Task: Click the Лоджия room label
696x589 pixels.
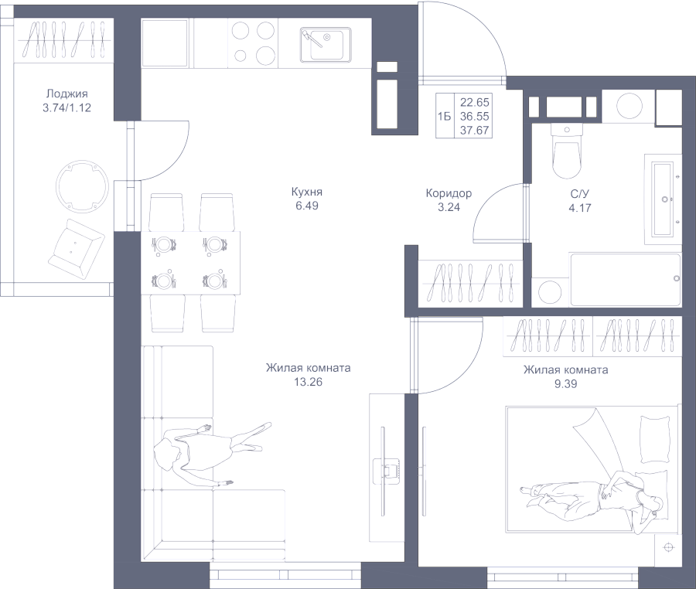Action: tap(67, 94)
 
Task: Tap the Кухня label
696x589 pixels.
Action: tap(307, 192)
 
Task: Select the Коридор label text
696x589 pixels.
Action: tap(449, 193)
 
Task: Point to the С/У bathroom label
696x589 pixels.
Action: tap(580, 194)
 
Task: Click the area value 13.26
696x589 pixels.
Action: tap(308, 382)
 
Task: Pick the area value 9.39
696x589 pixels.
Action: tap(565, 383)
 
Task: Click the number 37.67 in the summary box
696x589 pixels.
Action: tap(475, 131)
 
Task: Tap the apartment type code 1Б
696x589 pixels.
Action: tap(445, 117)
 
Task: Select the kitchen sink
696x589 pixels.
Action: tap(326, 45)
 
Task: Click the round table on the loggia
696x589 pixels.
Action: tap(82, 187)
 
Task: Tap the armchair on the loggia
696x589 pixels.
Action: tap(76, 249)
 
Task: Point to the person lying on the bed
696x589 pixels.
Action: tap(592, 497)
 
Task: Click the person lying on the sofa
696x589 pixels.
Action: tap(209, 452)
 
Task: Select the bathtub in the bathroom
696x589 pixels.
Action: tap(626, 280)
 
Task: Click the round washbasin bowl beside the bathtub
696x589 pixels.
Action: tap(550, 292)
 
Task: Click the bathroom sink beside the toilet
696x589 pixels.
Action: tap(663, 199)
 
